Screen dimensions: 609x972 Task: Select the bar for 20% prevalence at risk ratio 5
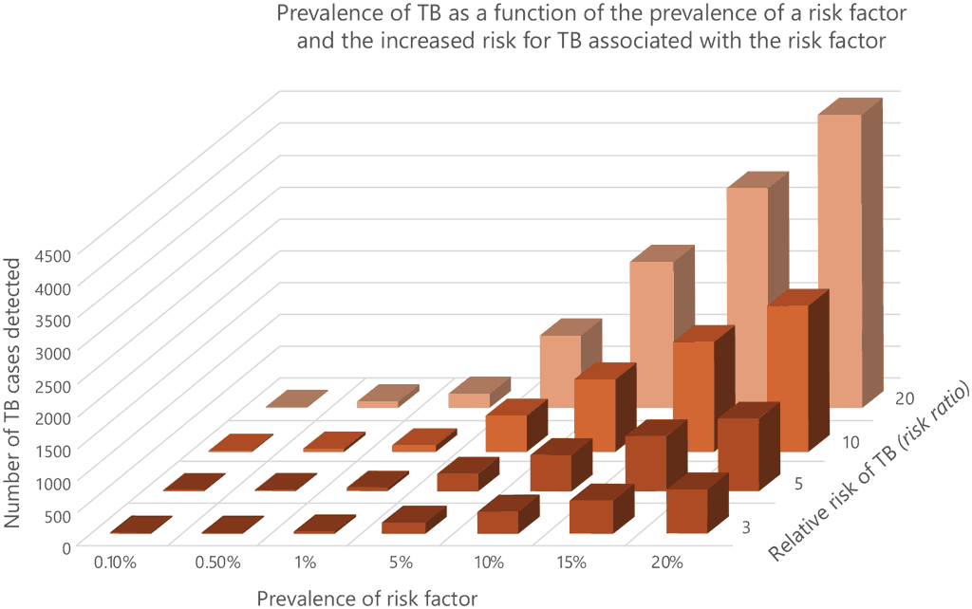[x=738, y=451]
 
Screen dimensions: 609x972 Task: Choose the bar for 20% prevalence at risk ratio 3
[x=687, y=510]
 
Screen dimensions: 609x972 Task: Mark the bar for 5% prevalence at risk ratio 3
[x=403, y=526]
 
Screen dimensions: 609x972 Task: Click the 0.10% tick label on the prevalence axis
[x=116, y=563]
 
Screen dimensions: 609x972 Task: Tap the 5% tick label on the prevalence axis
[x=400, y=563]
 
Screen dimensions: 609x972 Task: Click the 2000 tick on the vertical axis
[x=51, y=416]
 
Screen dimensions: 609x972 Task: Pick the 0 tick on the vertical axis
[x=65, y=546]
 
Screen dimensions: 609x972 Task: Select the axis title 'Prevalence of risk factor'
[x=366, y=597]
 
